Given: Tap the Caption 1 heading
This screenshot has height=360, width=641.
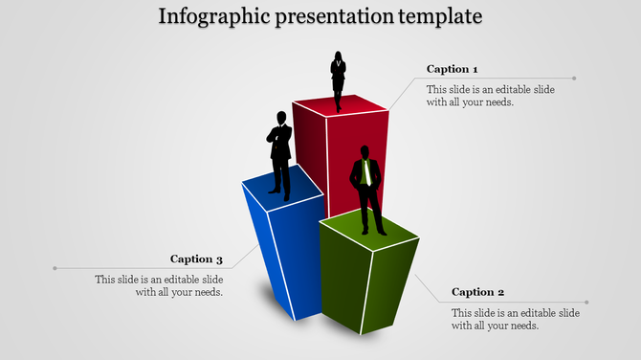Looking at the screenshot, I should pos(452,69).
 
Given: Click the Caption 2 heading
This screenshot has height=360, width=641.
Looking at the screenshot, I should pos(477,292).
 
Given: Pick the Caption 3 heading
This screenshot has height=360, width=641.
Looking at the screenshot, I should pos(197,259).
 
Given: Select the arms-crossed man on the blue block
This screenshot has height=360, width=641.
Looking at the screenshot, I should pos(279,153).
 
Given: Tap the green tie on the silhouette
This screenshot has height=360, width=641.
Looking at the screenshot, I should pos(365,172).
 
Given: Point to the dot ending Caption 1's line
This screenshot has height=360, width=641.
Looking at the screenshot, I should pos(575,79).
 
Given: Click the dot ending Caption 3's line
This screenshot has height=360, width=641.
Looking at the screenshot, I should pos(55,268).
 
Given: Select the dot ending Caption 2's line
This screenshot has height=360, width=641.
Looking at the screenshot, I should pos(586,303).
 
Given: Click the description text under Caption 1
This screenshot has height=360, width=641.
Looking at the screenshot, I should pos(476,96).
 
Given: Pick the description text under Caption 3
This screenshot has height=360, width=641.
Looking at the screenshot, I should pos(160,285).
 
